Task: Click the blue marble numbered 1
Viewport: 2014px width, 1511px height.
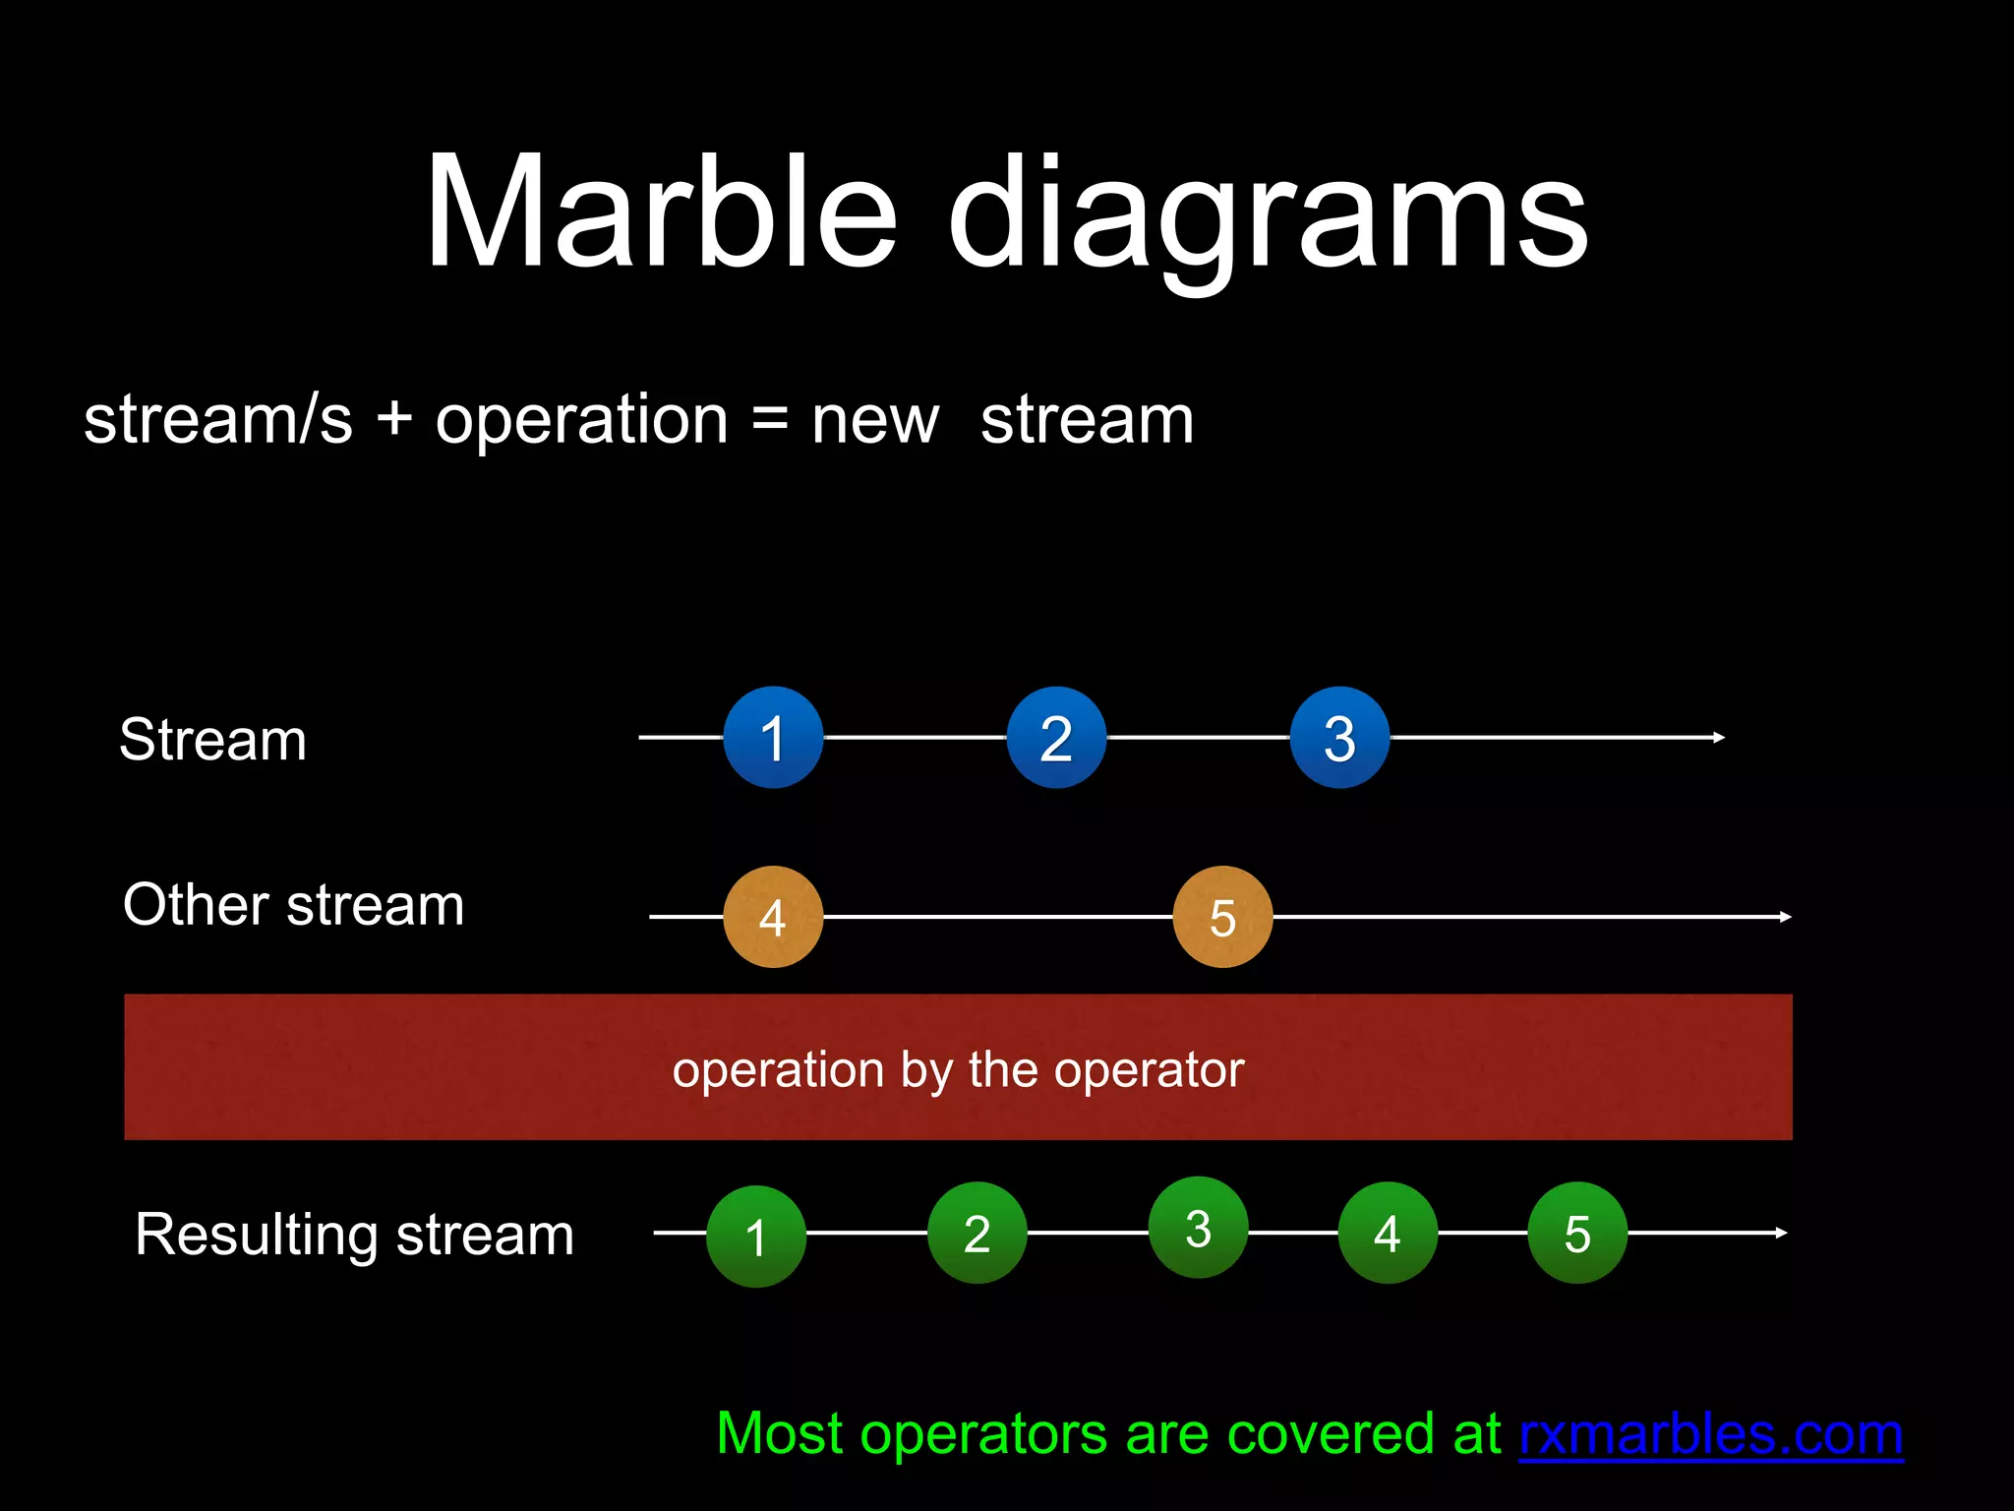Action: click(773, 738)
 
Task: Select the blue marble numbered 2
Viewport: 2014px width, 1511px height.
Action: click(1056, 738)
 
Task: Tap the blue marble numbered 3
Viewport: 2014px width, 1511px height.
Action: click(1339, 738)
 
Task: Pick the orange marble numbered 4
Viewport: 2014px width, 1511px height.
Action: click(773, 917)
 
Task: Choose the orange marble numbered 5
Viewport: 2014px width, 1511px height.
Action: click(1222, 917)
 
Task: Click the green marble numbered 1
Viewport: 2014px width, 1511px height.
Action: click(756, 1236)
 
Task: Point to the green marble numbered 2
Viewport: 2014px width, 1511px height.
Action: click(977, 1233)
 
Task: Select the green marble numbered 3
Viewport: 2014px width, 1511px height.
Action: click(1199, 1228)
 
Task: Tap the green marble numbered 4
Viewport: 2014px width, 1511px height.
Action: click(1388, 1233)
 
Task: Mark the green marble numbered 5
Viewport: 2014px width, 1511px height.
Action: click(1577, 1233)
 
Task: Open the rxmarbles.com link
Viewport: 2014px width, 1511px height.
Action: click(1710, 1434)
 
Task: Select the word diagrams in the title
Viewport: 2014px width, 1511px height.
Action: click(1268, 216)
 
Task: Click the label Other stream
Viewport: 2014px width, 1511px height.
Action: click(293, 905)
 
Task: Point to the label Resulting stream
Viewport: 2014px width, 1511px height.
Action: click(354, 1235)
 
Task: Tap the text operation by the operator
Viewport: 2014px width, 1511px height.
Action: click(958, 1069)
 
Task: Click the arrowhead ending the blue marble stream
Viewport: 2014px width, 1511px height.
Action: click(1719, 738)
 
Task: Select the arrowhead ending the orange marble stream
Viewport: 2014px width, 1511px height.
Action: click(1785, 917)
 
